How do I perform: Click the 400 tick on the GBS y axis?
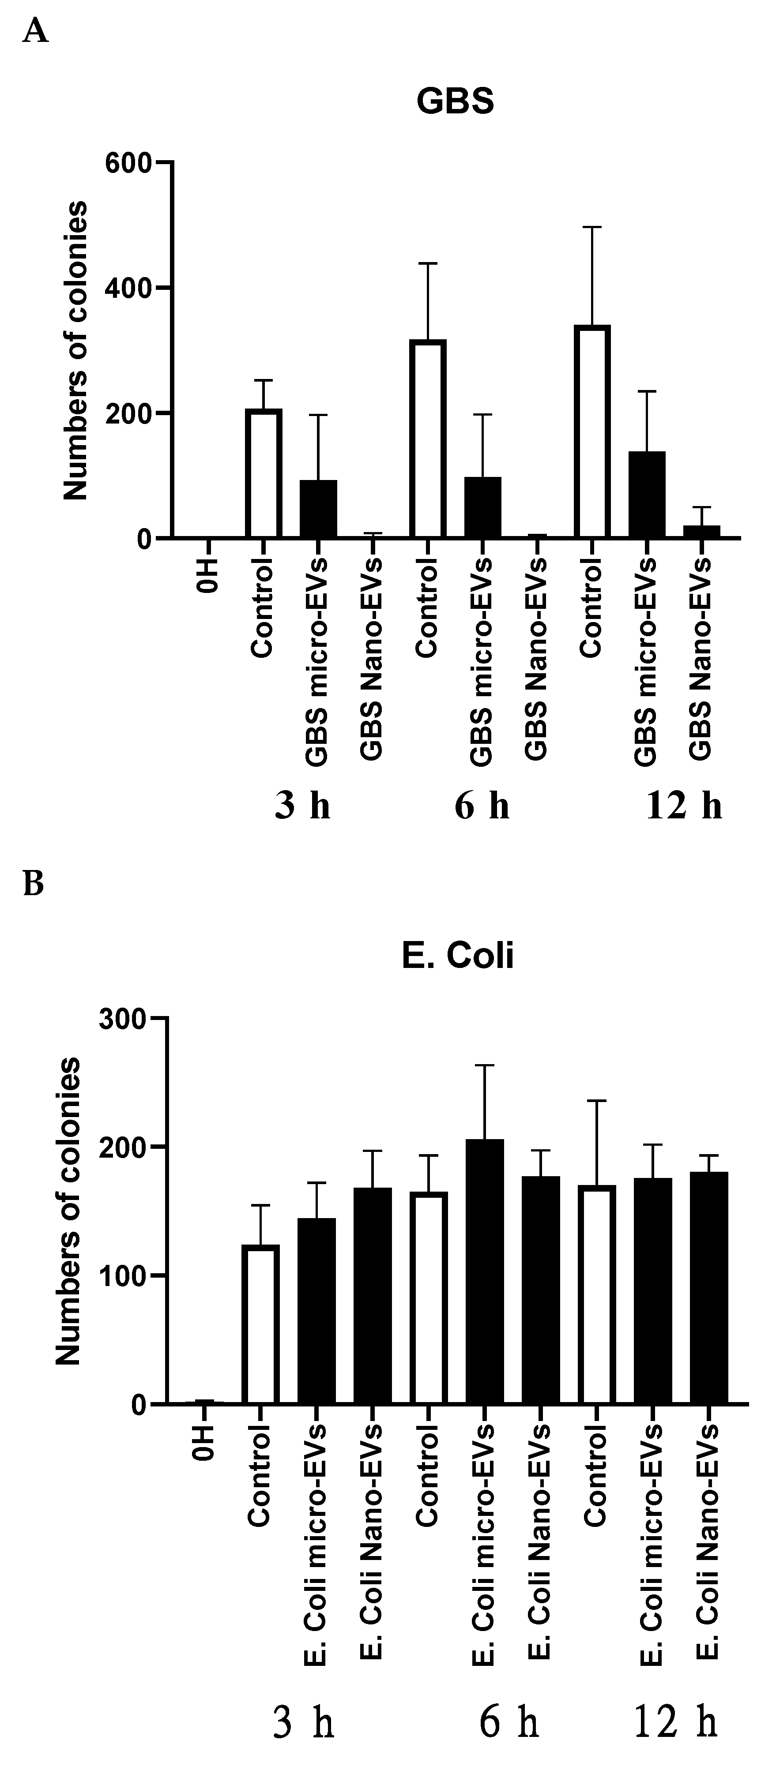click(x=127, y=288)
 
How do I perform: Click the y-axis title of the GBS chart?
click(x=75, y=350)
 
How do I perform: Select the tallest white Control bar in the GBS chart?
click(x=592, y=431)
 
